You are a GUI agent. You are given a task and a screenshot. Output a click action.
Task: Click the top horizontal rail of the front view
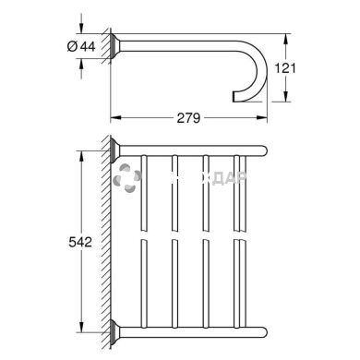click(x=194, y=149)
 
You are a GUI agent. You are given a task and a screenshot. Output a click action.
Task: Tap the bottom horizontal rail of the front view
click(x=194, y=330)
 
